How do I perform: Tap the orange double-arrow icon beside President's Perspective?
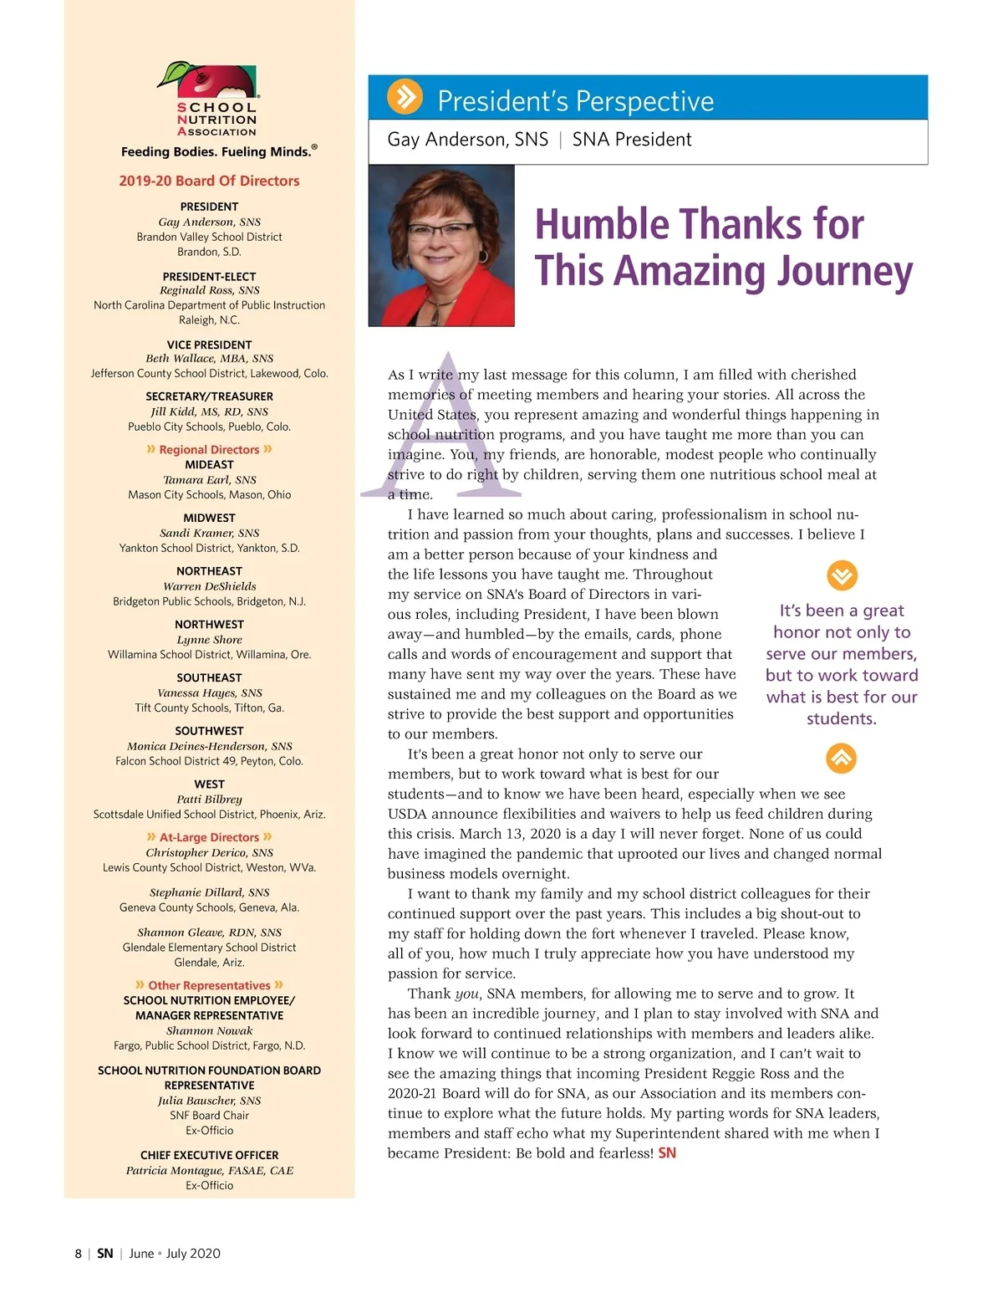point(405,97)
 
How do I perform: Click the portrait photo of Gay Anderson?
point(441,245)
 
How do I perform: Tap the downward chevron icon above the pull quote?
point(842,575)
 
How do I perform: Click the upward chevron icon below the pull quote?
point(842,758)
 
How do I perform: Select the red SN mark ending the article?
point(667,1152)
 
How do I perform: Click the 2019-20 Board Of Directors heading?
point(209,181)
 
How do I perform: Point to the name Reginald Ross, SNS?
point(209,290)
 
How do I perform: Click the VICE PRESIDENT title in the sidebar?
point(209,345)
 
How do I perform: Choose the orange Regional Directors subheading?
point(209,449)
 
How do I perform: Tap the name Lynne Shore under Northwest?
point(209,640)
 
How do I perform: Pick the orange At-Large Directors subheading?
point(209,837)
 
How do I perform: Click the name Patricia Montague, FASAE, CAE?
point(209,1170)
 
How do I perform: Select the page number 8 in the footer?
point(79,1253)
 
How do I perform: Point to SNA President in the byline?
point(632,140)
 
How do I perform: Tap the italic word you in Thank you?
point(466,994)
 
